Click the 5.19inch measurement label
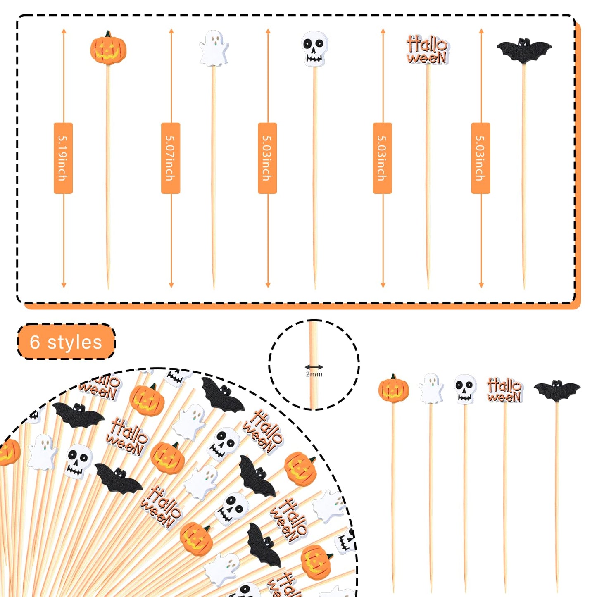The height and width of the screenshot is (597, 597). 63,158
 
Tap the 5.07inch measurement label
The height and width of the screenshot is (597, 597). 171,158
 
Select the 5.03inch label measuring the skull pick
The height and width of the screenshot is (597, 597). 267,158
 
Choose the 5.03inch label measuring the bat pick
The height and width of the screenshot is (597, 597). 480,158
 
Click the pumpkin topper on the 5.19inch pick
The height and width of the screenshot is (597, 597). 108,50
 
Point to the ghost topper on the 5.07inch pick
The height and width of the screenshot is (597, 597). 214,48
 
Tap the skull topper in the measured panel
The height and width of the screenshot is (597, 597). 314,48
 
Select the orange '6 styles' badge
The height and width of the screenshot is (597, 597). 66,342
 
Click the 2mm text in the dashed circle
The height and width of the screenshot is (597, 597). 314,374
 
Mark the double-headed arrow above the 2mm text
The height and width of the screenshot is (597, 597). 314,367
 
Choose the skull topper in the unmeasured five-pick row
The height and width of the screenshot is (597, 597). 464,389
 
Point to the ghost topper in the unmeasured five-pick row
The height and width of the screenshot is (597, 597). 431,388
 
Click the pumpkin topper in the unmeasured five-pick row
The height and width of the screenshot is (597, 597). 393,389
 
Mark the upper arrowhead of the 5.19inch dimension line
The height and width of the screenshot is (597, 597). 64,31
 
